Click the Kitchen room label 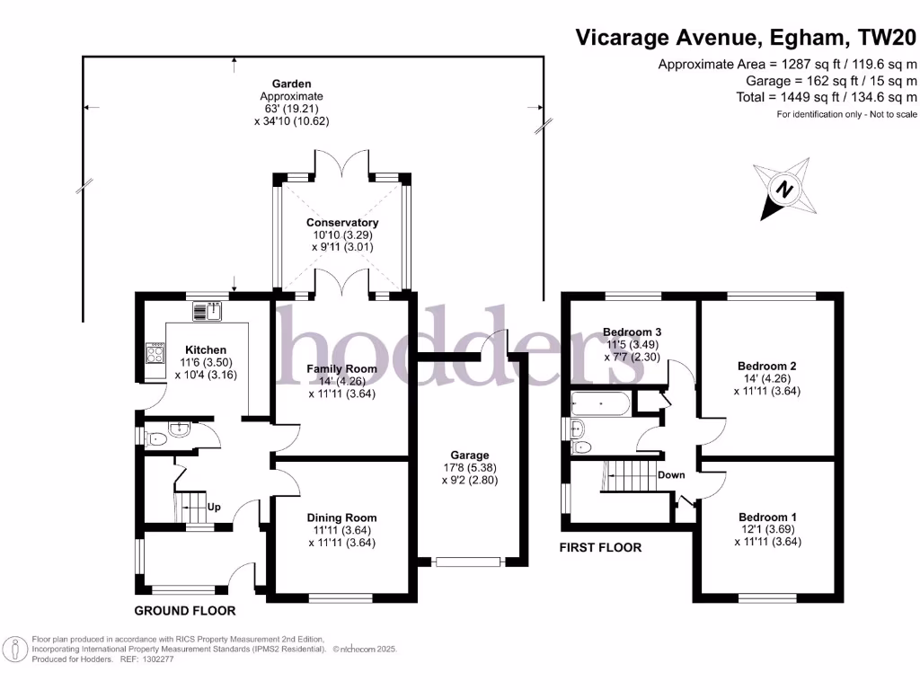(206, 349)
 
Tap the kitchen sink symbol (208, 312)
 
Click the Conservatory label (342, 222)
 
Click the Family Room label (341, 368)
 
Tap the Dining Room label (341, 517)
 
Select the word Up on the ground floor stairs (214, 507)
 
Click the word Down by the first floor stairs (671, 475)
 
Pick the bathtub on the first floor (600, 403)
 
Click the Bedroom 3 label (632, 332)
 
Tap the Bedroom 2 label (766, 366)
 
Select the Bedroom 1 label (766, 517)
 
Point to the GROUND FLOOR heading (185, 611)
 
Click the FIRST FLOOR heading (600, 547)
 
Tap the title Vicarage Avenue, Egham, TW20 (746, 38)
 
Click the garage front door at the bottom (467, 562)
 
